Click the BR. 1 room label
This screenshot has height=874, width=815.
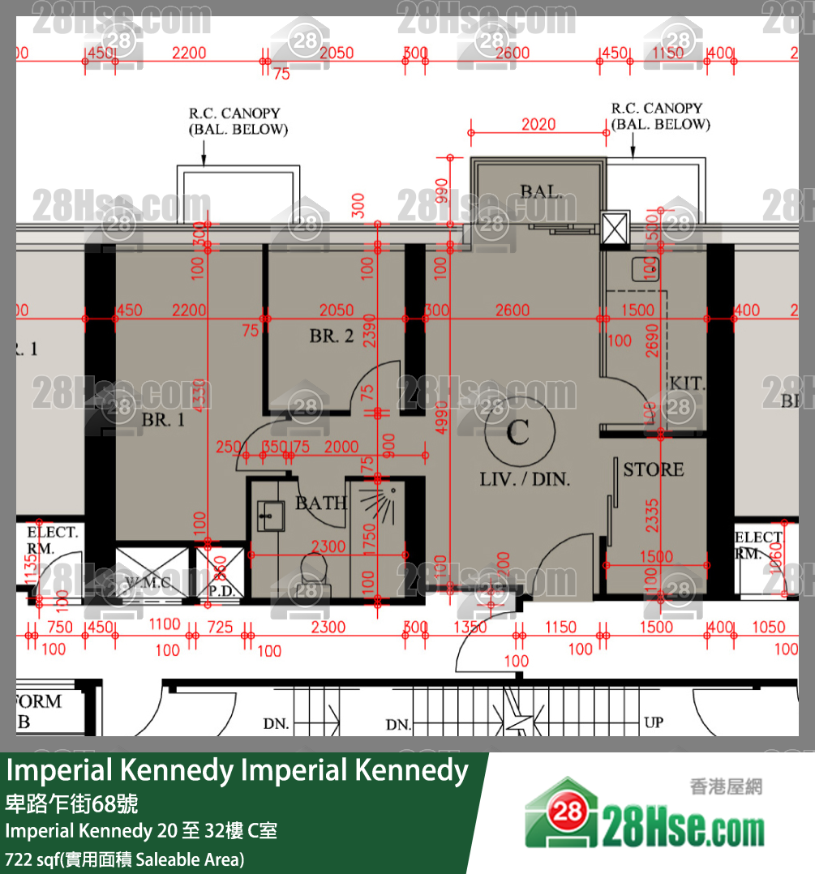point(163,420)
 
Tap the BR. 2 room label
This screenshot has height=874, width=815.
point(331,336)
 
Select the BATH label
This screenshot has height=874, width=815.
point(321,503)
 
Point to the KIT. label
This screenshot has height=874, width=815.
point(687,383)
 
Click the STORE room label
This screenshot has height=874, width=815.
point(653,469)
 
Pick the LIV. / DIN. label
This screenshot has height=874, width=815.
point(525,479)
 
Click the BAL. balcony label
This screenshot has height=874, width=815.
point(541,192)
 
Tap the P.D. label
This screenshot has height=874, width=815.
point(221,591)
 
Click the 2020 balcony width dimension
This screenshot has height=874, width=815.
point(538,124)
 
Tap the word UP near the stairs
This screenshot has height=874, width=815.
point(653,722)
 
